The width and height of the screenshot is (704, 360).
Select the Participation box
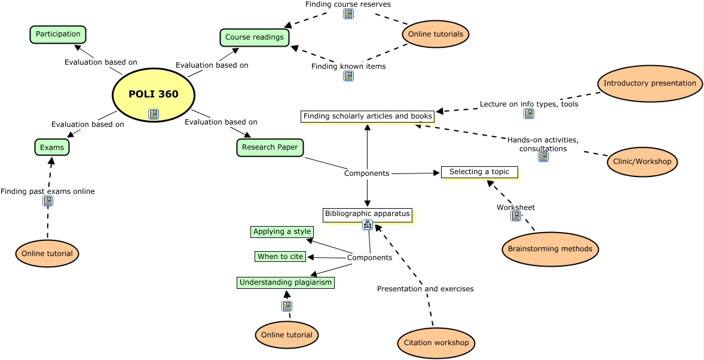click(58, 35)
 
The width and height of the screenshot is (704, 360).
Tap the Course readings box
click(255, 38)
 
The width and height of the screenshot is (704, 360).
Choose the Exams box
click(52, 147)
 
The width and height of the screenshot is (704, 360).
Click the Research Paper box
click(270, 148)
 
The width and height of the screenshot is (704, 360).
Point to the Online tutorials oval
click(436, 34)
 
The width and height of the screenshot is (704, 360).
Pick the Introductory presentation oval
click(650, 84)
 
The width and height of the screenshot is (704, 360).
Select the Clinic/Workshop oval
click(642, 162)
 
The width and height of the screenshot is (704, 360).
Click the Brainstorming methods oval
click(550, 249)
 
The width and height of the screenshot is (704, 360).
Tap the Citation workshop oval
click(436, 343)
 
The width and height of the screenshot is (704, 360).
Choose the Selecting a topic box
click(479, 172)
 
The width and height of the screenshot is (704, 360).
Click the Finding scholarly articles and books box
click(368, 117)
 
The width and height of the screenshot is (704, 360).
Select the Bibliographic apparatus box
click(368, 213)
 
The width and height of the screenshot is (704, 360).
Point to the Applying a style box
click(282, 232)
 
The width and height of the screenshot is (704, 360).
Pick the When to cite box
click(281, 257)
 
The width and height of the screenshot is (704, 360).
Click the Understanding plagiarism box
click(286, 282)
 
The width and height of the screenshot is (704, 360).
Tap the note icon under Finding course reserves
click(348, 14)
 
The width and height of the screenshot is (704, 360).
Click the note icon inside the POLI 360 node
click(154, 114)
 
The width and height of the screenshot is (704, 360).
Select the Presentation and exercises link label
click(425, 289)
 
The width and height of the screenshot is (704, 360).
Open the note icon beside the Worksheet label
click(516, 216)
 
